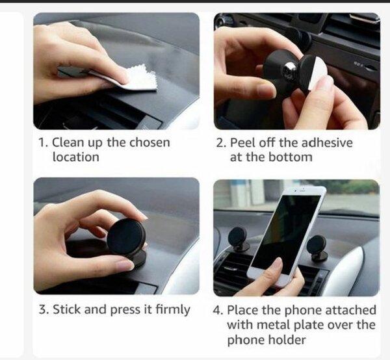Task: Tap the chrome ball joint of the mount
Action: click(x=289, y=70)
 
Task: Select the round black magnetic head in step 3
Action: click(x=126, y=237)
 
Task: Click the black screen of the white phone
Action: click(x=286, y=234)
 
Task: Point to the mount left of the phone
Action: click(x=238, y=239)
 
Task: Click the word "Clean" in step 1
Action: click(x=68, y=142)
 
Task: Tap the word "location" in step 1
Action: click(x=76, y=157)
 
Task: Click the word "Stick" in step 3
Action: click(x=67, y=309)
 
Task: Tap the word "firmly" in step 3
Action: click(x=173, y=310)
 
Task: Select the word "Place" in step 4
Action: click(x=243, y=310)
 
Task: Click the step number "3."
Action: click(x=44, y=310)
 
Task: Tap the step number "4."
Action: click(x=218, y=310)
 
